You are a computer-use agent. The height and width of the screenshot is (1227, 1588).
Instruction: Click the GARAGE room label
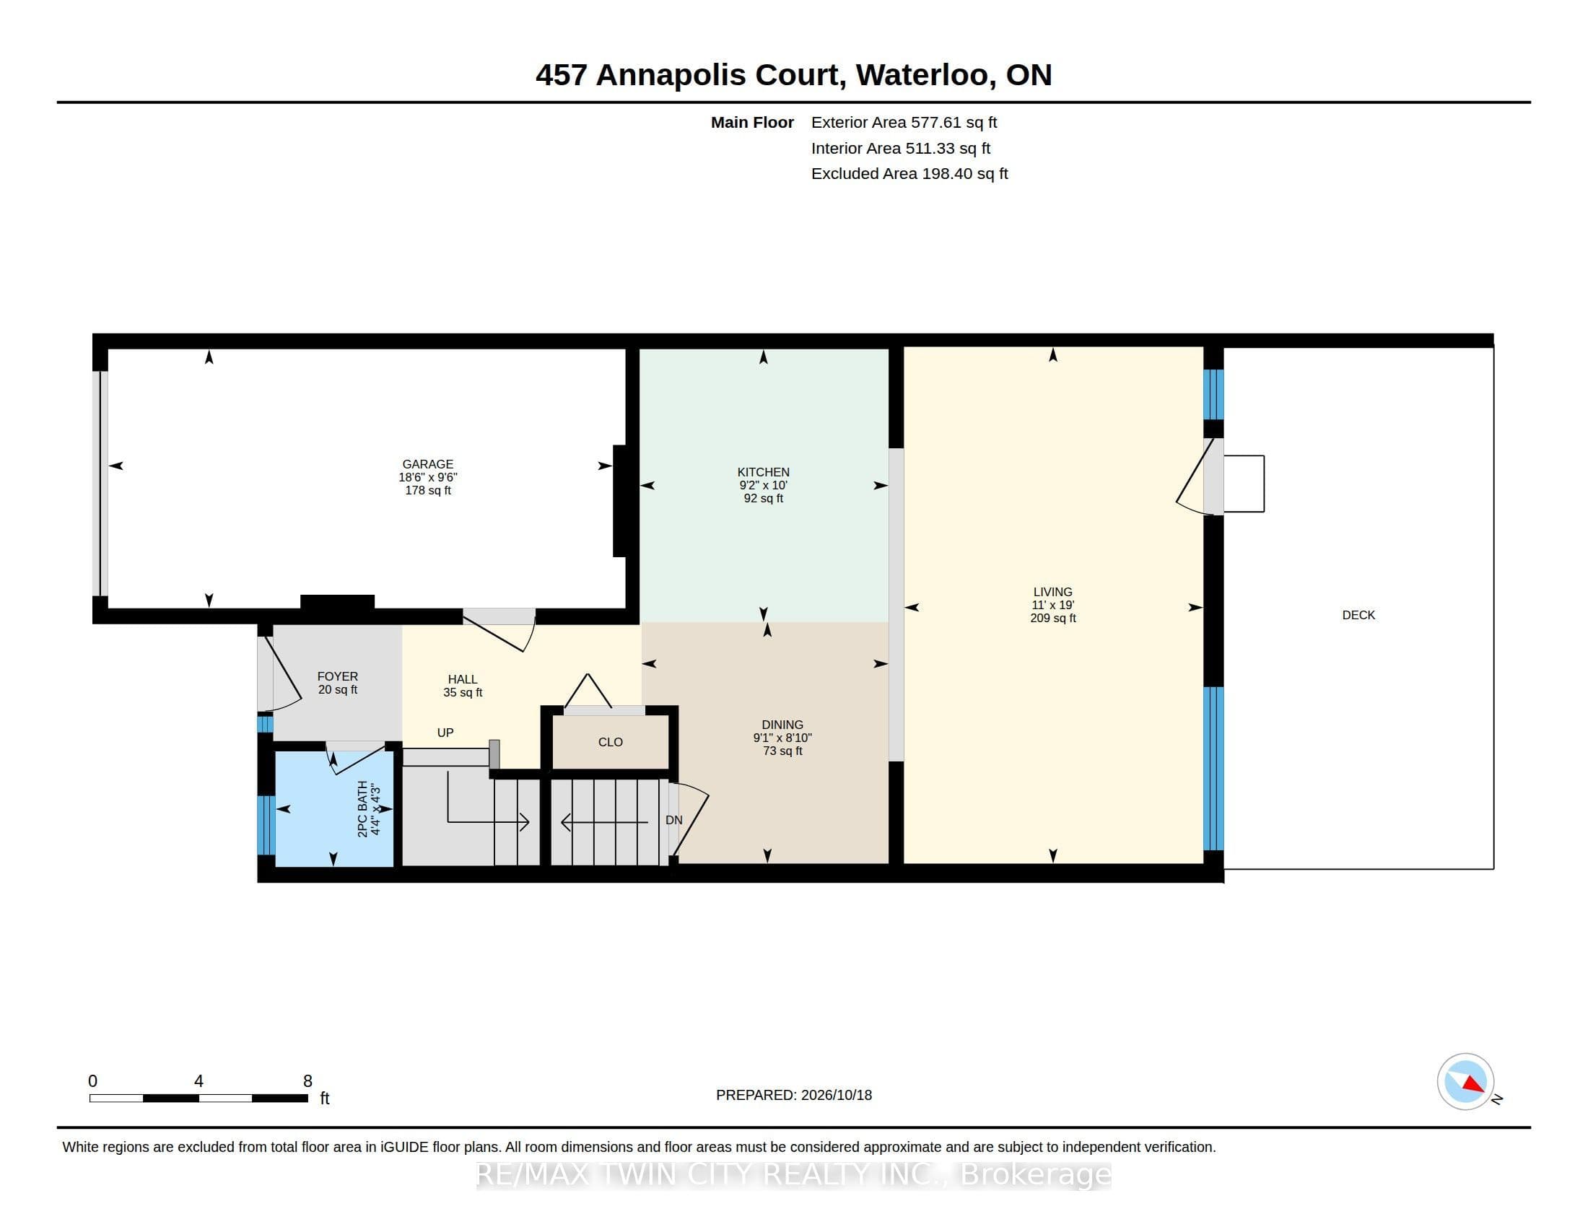[427, 464]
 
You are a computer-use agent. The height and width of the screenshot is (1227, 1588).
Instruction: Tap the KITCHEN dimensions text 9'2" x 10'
[764, 485]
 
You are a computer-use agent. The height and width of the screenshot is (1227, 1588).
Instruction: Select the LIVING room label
[1053, 592]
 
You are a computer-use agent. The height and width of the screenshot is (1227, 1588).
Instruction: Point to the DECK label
[1358, 615]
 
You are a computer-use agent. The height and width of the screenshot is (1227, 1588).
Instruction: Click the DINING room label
[782, 725]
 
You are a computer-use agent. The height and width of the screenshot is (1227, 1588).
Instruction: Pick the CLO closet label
[611, 742]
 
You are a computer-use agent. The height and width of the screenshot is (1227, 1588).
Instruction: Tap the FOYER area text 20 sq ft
[337, 690]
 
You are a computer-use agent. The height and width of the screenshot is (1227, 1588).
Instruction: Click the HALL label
[463, 680]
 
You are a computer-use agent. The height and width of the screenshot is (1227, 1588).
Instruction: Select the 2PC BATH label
[363, 809]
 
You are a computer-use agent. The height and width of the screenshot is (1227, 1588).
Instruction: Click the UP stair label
[445, 733]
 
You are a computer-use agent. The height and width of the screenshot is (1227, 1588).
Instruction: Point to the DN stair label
[674, 820]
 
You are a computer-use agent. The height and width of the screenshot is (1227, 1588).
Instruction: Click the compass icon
[1465, 1082]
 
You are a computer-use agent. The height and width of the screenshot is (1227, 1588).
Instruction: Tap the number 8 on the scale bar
[307, 1081]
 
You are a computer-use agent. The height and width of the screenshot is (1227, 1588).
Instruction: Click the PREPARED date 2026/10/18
[836, 1095]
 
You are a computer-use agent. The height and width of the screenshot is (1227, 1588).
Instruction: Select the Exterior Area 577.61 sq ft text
[904, 122]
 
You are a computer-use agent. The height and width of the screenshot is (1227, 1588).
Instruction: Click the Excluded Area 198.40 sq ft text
[909, 174]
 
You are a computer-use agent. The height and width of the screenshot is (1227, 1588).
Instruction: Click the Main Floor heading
[752, 122]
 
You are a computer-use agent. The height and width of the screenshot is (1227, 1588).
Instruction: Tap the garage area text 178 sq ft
[427, 491]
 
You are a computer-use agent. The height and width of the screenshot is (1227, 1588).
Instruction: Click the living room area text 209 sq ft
[1053, 619]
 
